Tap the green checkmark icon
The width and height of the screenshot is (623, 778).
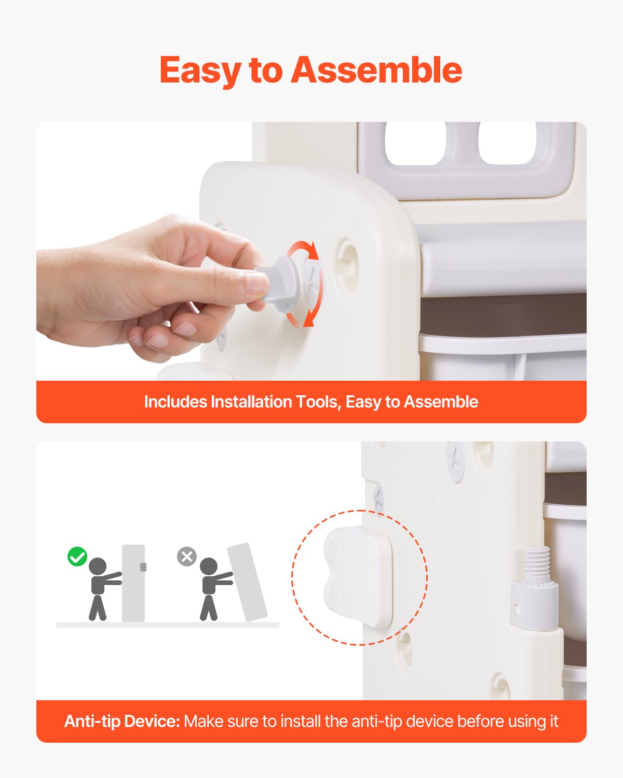click(77, 557)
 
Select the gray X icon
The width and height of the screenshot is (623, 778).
click(187, 557)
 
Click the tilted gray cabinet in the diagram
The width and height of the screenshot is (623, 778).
click(247, 582)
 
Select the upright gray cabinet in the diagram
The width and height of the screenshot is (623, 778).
click(133, 582)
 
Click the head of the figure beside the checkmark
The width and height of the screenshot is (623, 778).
click(98, 566)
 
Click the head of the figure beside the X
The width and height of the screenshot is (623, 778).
click(209, 566)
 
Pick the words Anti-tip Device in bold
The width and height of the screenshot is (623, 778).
click(121, 721)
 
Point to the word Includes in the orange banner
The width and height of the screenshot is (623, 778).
click(175, 402)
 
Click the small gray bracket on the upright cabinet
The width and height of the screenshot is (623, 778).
click(143, 567)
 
